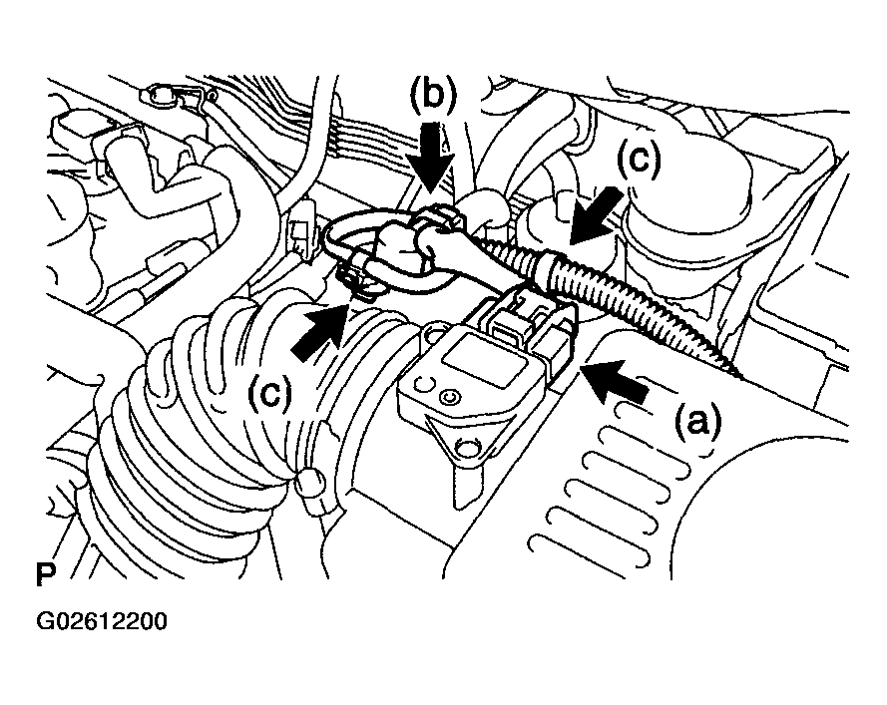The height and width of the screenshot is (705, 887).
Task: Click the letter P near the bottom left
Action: tap(44, 576)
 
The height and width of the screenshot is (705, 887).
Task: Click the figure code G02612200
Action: tap(102, 622)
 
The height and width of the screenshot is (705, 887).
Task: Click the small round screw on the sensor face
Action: tap(454, 398)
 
